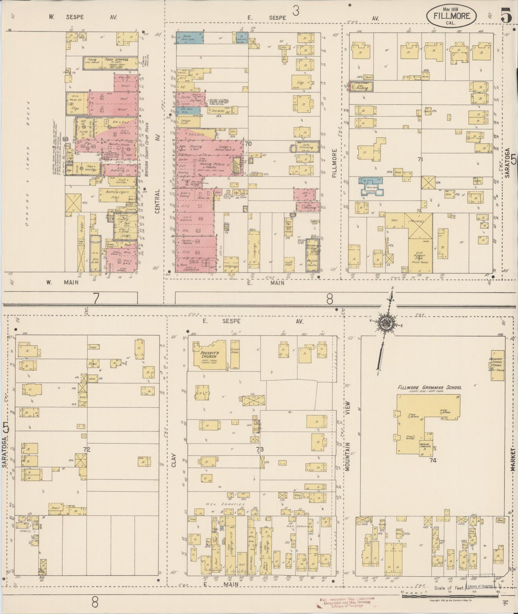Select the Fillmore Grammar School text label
coord(429,388)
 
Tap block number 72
coord(86,449)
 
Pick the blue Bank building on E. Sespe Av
coord(190,38)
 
